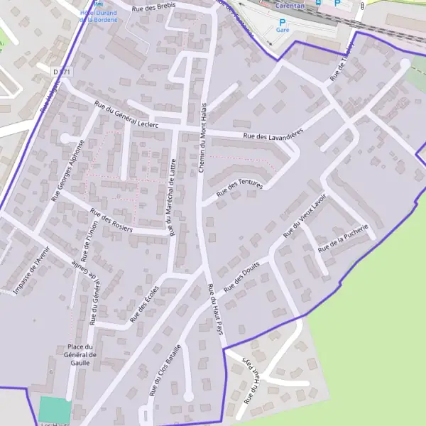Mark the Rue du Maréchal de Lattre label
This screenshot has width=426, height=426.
(172, 197)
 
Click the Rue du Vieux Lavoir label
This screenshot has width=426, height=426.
(304, 214)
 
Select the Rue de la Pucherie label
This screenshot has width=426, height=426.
(344, 239)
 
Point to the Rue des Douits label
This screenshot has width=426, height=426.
(242, 277)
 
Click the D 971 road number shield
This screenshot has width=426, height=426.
(62, 72)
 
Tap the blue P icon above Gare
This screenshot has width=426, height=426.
(282, 22)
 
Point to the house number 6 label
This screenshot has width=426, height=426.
(51, 371)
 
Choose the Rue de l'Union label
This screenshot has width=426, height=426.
(87, 242)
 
